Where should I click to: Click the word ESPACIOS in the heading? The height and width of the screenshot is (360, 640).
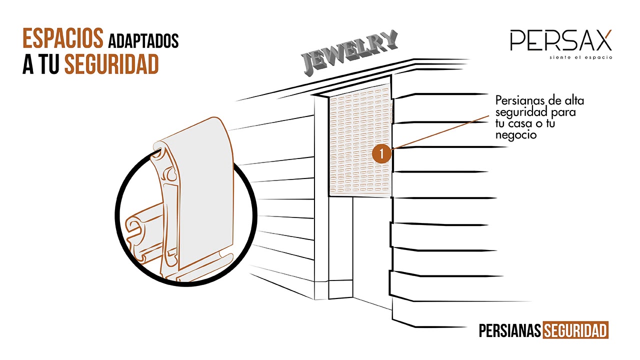coord(63,38)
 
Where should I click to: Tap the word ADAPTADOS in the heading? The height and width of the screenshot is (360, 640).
coord(143,41)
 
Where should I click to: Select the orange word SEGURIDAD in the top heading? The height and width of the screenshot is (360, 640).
coord(111,64)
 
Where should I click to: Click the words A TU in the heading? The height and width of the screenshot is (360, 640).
coord(41,64)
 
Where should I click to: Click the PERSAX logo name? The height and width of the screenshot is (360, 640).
coord(561,40)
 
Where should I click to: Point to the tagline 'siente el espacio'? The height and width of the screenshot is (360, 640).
coord(581,57)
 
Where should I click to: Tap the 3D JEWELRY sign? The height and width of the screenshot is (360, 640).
coord(349,53)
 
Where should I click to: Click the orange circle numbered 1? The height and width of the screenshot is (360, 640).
coord(381,154)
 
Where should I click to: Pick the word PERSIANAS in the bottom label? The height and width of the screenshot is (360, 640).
coord(509,331)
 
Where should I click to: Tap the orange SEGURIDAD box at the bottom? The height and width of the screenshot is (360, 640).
coord(575,330)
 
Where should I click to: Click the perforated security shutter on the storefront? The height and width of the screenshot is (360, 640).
coord(360,140)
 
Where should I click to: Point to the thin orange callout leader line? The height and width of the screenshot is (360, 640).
coord(440,132)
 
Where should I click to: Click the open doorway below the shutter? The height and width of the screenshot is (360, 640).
coord(371,251)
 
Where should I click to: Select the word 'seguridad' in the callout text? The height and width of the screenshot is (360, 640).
coord(521,112)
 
